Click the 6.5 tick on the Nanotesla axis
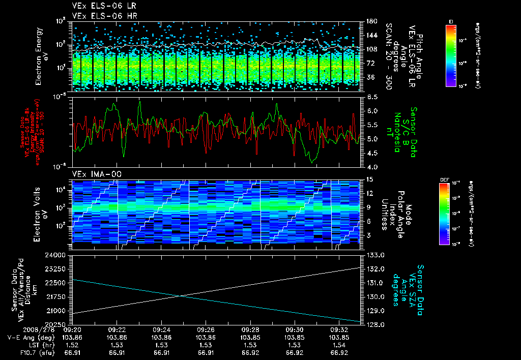(x=370, y=97)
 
